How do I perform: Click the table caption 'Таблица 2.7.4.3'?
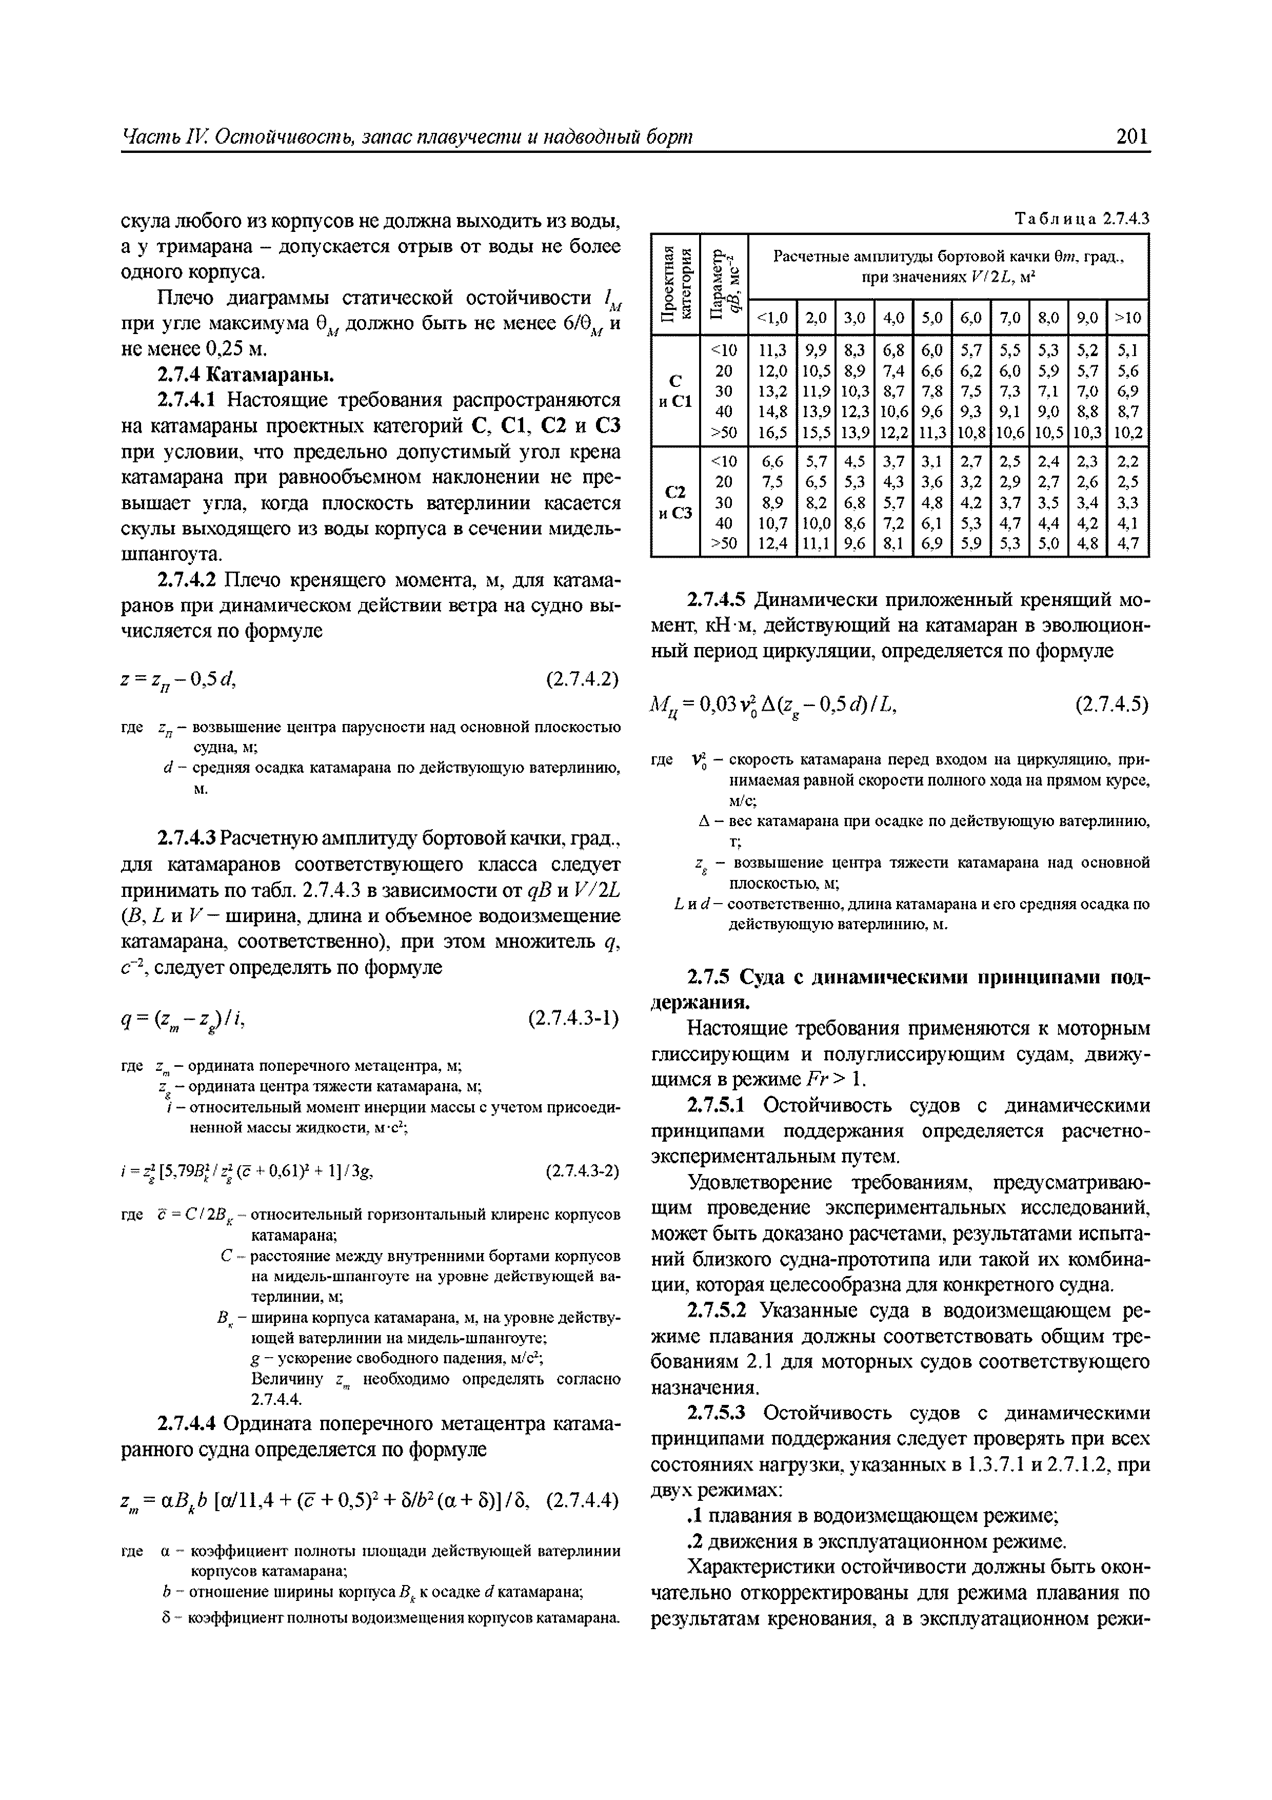pyautogui.click(x=1081, y=218)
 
